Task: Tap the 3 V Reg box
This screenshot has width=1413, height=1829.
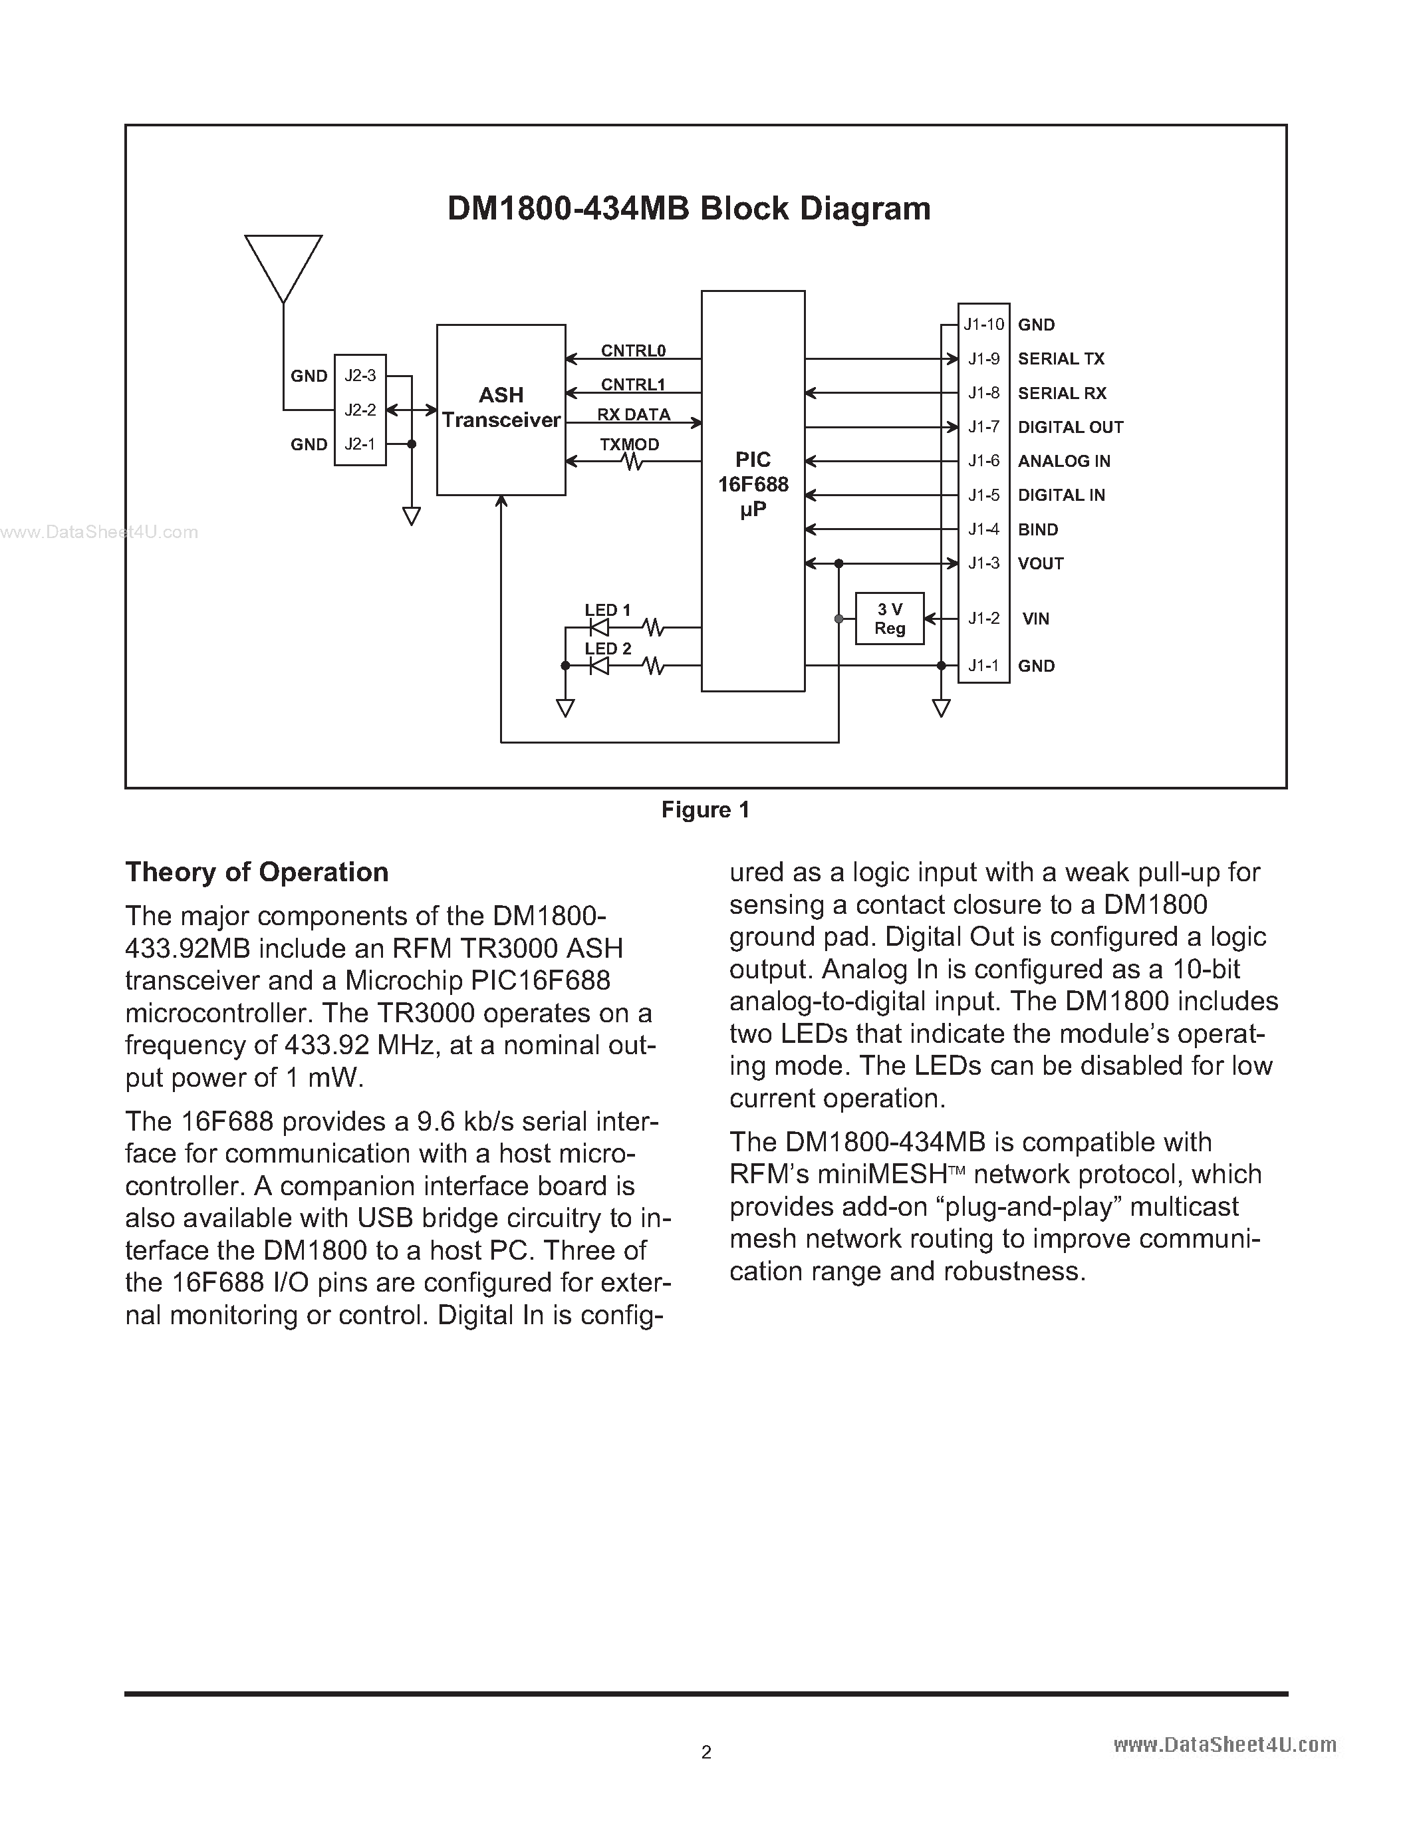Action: tap(889, 619)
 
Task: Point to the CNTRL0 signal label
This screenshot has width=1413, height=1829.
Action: tap(633, 351)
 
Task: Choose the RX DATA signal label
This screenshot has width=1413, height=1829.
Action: tap(634, 414)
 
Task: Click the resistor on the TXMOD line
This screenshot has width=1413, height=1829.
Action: tap(633, 462)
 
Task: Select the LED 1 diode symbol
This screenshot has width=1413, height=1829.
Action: tap(598, 627)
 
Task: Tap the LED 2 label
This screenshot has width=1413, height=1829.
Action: tap(608, 649)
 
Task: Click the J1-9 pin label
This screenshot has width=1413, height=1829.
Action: tap(983, 359)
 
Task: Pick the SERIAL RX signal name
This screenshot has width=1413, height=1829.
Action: tap(1061, 394)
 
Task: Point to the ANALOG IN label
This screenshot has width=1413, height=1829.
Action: tap(1063, 462)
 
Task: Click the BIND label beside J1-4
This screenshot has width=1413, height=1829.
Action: tap(1038, 530)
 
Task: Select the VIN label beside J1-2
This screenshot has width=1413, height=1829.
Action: tap(1035, 619)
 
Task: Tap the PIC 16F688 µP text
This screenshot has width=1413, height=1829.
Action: tap(753, 485)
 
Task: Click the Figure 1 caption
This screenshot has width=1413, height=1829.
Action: tap(705, 810)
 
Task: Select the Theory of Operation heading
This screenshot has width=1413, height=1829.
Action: tap(257, 873)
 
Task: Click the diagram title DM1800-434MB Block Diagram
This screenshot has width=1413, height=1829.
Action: tap(689, 209)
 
